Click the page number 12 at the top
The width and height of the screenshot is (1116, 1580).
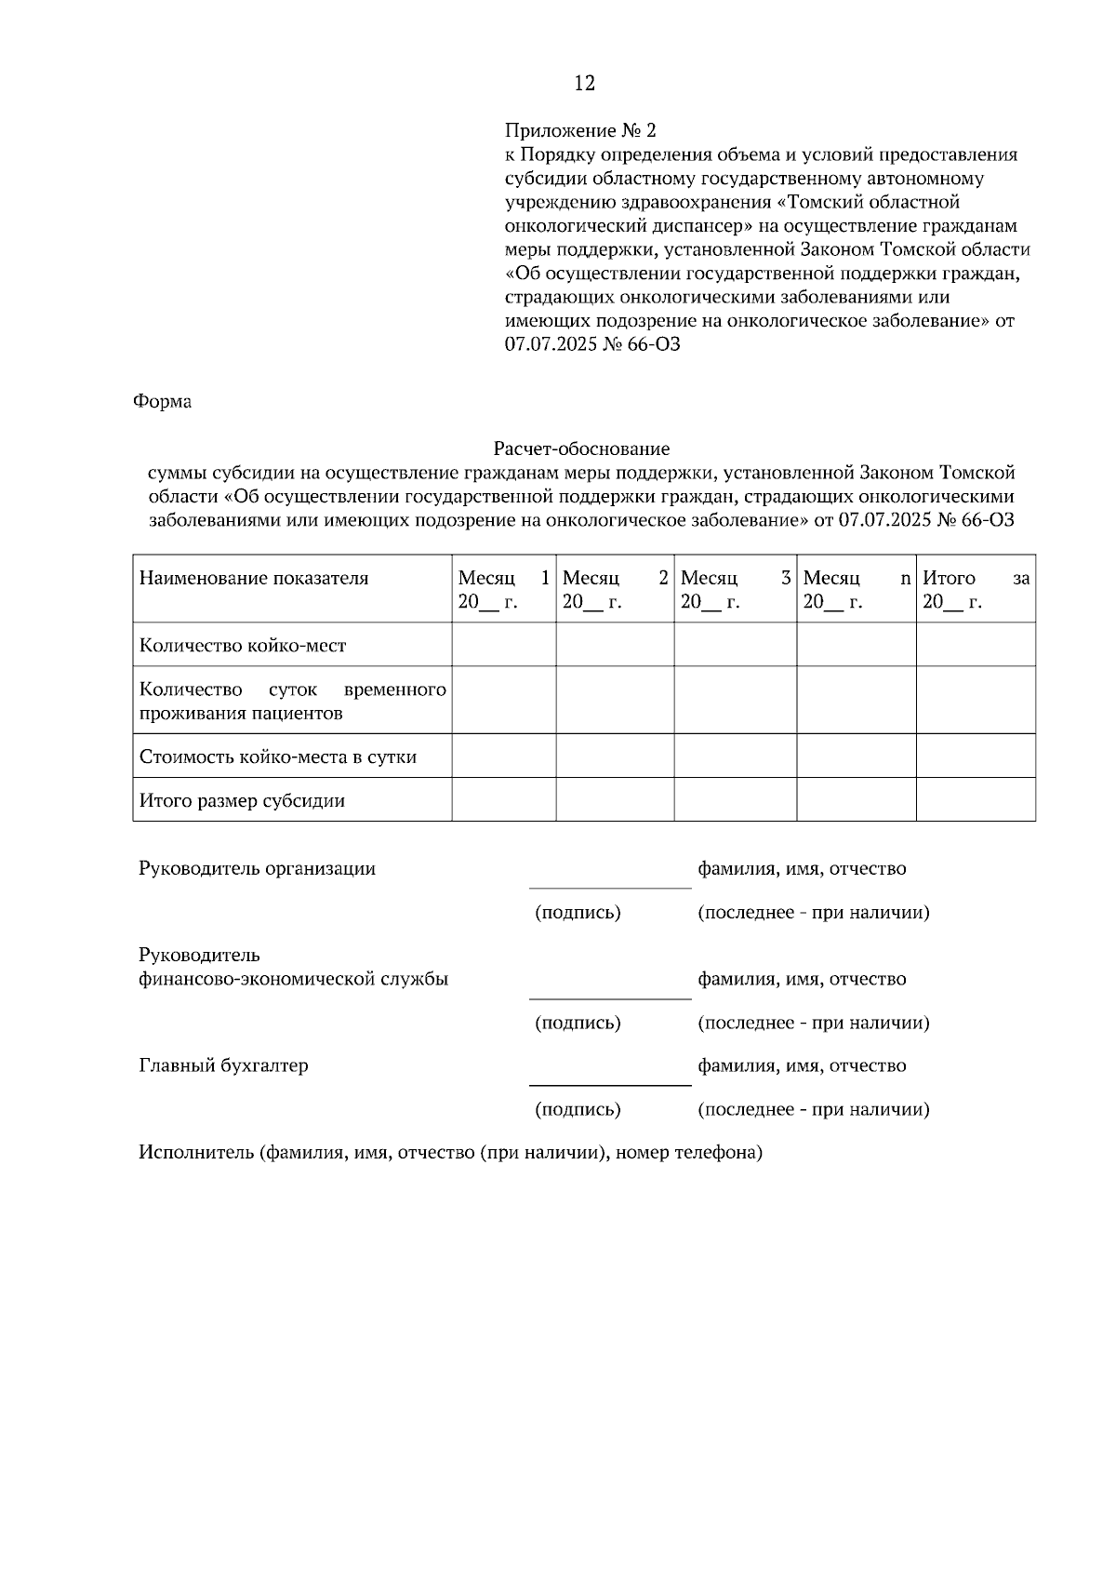tap(584, 84)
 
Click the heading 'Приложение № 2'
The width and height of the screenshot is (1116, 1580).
tap(580, 130)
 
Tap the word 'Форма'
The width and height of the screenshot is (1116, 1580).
tap(163, 402)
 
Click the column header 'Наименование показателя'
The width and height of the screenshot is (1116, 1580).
tap(254, 579)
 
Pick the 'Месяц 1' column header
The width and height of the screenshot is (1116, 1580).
tap(503, 590)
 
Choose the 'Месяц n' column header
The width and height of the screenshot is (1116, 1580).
tap(856, 590)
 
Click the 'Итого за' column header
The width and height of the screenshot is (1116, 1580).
tap(976, 590)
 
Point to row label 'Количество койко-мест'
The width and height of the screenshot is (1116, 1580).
tap(243, 646)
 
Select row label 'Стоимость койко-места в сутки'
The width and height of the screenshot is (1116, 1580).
tap(278, 757)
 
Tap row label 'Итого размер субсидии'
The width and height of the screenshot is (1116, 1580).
tap(242, 801)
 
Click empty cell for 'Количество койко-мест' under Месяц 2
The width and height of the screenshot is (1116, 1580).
tap(615, 645)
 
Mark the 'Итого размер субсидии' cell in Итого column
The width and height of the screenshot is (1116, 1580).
tap(976, 800)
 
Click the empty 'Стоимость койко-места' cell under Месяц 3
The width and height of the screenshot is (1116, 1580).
tap(735, 757)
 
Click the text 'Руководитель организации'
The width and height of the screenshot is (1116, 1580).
tap(258, 869)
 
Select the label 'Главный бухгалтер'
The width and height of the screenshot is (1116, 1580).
tap(223, 1066)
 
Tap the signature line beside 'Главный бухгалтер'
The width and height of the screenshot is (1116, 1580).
tap(610, 1084)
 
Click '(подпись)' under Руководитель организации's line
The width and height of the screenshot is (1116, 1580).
tap(578, 913)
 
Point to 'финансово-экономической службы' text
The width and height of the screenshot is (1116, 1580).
tap(294, 980)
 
